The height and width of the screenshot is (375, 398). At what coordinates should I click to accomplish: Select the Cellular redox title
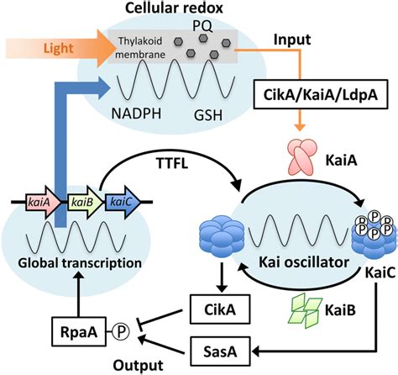pos(183,8)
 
